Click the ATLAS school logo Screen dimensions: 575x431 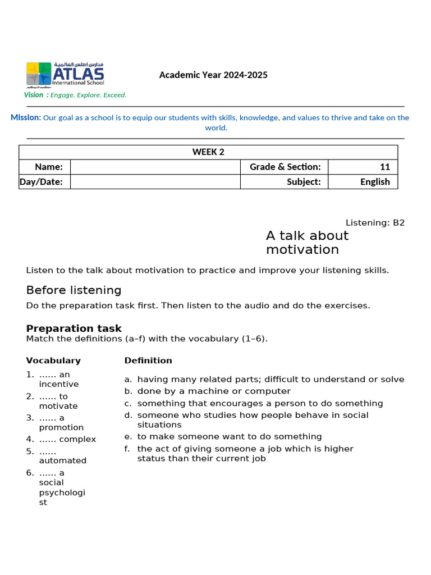pos(65,75)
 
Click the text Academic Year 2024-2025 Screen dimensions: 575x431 pos(213,75)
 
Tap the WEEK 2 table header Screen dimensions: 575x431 pos(208,152)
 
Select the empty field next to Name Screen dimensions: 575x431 pos(155,167)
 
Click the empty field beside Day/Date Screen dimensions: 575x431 pos(155,181)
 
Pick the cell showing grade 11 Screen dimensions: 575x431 pos(363,167)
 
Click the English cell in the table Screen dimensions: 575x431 pos(363,181)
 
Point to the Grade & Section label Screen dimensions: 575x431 pos(285,167)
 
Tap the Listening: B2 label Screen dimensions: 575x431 pos(374,222)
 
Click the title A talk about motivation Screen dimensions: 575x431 pos(307,243)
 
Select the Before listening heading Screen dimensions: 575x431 pos(74,290)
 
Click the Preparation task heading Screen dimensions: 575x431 pos(74,328)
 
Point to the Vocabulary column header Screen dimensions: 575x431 pos(53,360)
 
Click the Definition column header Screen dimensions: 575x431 pos(148,360)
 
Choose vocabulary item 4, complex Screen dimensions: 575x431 pos(67,439)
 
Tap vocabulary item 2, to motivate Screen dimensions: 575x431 pos(58,401)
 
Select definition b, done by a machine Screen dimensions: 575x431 pos(214,391)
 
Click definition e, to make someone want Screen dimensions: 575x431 pos(230,436)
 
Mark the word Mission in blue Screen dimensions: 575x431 pos(26,117)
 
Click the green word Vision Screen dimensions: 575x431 pos(34,95)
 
